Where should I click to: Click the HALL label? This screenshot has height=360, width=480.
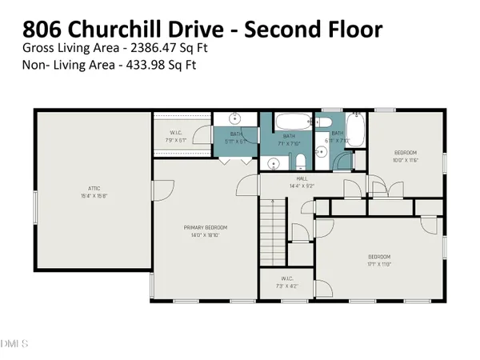coord(302,180)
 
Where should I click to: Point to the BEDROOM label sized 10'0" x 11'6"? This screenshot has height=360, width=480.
coord(406,153)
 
